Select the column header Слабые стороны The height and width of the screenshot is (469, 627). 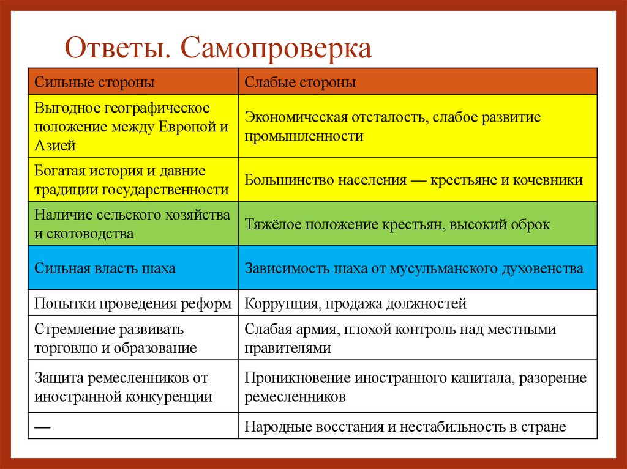point(300,82)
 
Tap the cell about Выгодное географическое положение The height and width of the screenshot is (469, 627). point(132,127)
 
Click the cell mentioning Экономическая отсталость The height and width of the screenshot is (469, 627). point(392,127)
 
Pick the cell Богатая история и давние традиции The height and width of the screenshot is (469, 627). point(132,180)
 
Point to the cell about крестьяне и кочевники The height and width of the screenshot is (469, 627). point(413,180)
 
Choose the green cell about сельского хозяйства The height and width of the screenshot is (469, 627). point(132,224)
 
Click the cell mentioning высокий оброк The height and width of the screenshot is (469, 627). point(397,224)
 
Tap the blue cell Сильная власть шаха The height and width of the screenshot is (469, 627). point(105,268)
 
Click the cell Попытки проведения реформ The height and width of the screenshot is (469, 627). point(132,303)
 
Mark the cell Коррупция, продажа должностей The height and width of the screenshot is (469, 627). point(355,303)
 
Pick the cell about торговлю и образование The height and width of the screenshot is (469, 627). point(116,339)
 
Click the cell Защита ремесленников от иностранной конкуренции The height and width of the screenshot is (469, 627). point(123,387)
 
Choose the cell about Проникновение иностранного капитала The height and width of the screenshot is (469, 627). point(415,387)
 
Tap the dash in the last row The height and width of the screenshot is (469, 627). point(42,426)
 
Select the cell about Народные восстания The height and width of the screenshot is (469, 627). point(405,427)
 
